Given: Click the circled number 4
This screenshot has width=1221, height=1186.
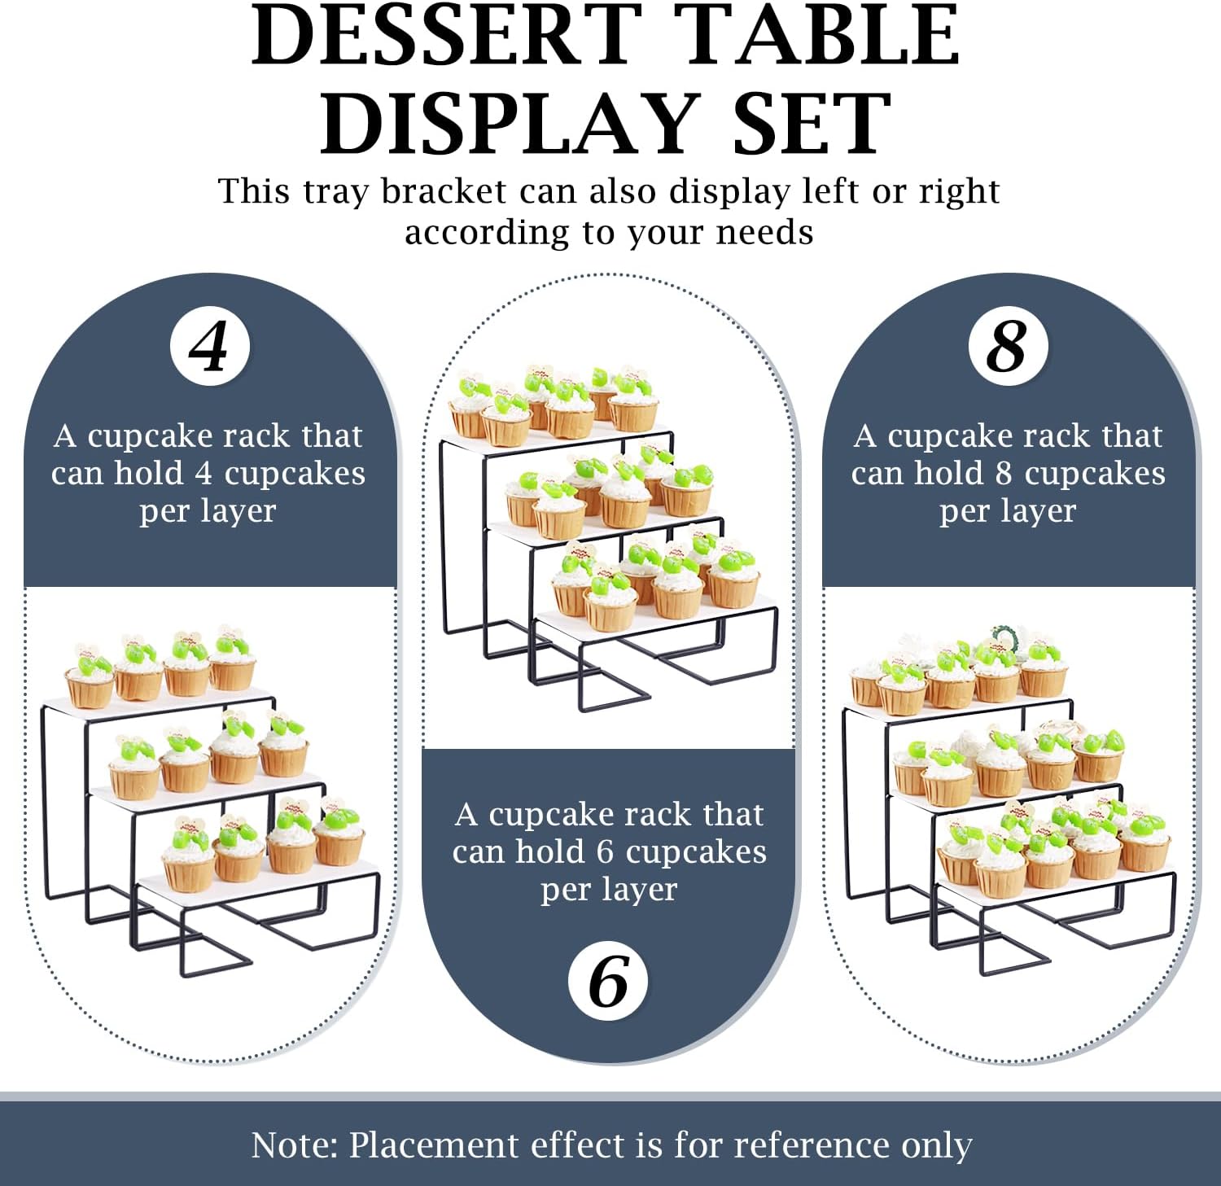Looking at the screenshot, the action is click(209, 347).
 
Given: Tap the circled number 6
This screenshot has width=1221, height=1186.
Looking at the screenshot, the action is click(608, 981).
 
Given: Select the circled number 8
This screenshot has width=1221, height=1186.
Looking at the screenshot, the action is click(1008, 347).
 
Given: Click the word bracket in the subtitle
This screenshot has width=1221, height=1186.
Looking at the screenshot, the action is click(444, 191).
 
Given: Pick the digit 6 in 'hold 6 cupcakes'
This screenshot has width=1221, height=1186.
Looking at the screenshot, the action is click(605, 852).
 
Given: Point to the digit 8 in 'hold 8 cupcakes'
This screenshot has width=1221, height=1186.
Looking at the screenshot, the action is click(1004, 474).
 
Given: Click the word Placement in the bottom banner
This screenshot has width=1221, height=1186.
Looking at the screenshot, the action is click(435, 1144).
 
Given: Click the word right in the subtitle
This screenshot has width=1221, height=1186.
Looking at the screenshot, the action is click(959, 193).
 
